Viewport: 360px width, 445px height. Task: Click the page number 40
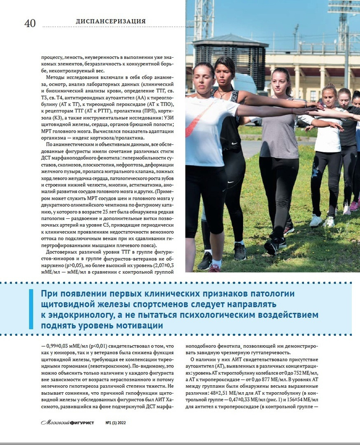coord(30,23)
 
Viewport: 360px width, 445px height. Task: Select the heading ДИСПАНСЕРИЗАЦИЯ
coord(111,21)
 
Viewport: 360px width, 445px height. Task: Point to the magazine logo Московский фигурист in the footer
coord(68,423)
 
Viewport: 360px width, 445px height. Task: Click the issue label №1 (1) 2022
coord(119,423)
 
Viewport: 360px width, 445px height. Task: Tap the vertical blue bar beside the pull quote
coord(31,309)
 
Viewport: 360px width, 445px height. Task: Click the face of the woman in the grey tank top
coord(280,80)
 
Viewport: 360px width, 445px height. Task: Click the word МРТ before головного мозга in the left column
coord(48,131)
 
